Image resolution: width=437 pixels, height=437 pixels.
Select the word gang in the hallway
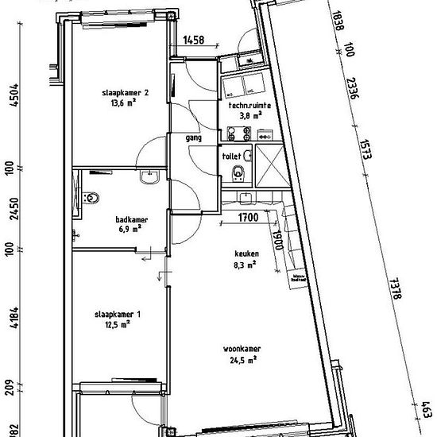click(x=192, y=137)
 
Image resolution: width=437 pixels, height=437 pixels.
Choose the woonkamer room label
click(x=242, y=349)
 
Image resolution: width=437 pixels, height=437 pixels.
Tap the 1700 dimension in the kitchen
click(x=249, y=215)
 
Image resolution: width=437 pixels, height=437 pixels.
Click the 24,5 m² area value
click(x=242, y=359)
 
